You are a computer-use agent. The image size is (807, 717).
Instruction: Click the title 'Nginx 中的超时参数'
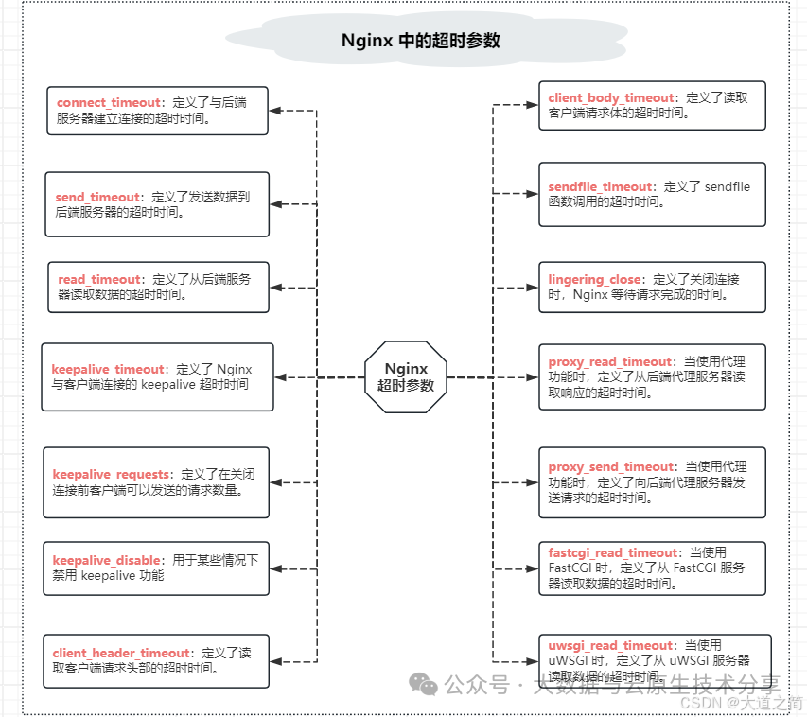click(420, 41)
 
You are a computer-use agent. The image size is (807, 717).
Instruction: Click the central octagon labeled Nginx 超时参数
click(406, 376)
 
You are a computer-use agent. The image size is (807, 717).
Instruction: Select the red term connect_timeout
click(107, 102)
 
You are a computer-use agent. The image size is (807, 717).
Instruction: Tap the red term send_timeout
click(97, 197)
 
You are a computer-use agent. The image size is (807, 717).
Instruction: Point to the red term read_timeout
click(98, 279)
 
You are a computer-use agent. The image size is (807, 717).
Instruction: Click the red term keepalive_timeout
click(108, 369)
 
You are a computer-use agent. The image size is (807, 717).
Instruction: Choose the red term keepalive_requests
click(111, 473)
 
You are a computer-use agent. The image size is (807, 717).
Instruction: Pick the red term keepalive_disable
click(106, 560)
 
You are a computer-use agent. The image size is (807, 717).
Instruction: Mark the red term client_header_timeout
click(122, 653)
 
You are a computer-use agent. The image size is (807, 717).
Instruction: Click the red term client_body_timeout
click(611, 97)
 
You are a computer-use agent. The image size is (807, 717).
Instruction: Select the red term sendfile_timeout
click(600, 186)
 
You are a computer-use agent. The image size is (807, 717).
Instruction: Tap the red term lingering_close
click(594, 279)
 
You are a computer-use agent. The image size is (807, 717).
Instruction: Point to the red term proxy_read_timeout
click(610, 361)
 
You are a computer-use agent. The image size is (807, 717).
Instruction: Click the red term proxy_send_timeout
click(611, 466)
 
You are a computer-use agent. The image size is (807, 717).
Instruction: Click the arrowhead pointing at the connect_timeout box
click(275, 111)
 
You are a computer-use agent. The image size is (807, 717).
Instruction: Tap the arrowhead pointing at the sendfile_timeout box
click(533, 194)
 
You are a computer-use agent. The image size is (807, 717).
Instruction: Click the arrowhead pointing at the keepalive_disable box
click(275, 568)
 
